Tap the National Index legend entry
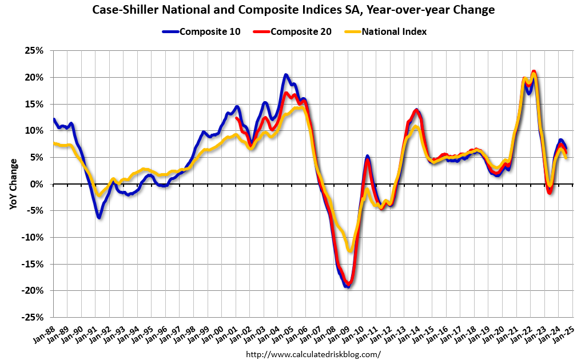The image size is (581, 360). [393, 31]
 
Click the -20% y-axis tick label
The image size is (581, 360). [33, 290]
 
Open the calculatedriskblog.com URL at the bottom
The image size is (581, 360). [313, 354]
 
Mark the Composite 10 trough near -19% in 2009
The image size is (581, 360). [347, 286]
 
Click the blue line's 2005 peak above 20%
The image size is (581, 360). [286, 75]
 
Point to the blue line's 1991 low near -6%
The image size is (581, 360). [99, 217]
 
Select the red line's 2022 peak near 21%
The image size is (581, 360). [534, 71]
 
